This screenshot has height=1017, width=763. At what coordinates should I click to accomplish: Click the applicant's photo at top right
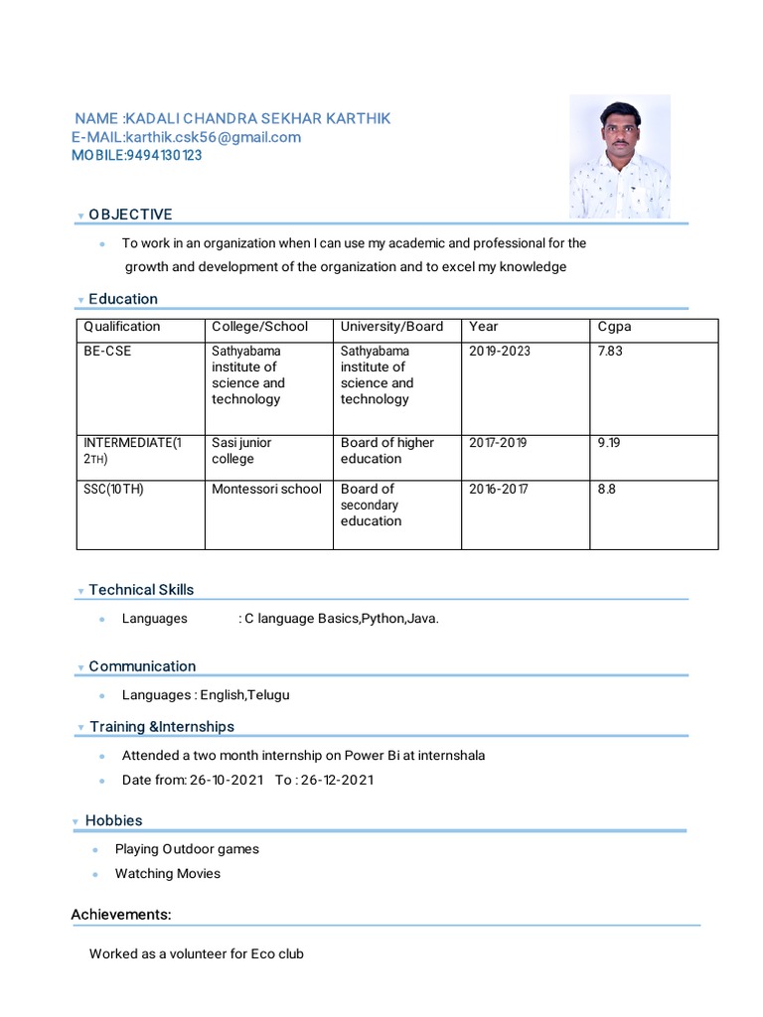tap(619, 156)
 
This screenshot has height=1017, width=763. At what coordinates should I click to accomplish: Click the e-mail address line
tap(186, 137)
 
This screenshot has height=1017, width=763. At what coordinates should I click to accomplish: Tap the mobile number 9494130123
tap(137, 155)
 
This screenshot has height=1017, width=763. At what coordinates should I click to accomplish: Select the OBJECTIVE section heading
tap(130, 215)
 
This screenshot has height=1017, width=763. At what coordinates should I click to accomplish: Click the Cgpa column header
tap(614, 327)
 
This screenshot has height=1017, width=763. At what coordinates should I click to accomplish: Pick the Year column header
tap(484, 327)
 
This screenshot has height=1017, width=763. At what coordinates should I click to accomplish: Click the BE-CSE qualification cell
tap(107, 352)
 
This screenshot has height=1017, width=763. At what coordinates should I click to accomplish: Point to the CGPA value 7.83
tap(610, 352)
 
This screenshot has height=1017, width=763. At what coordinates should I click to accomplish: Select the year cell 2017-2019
tap(498, 443)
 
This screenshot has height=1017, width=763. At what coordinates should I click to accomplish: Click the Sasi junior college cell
tap(241, 451)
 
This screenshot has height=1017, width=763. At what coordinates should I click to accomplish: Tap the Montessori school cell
tap(266, 489)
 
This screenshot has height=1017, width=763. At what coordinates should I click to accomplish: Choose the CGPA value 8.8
tap(606, 489)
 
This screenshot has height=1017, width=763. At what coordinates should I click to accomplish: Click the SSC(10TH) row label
tap(113, 489)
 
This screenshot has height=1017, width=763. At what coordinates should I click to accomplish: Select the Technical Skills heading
tap(141, 590)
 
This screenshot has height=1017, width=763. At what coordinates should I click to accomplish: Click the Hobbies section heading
tap(113, 820)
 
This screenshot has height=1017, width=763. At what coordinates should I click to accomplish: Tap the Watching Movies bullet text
tap(168, 874)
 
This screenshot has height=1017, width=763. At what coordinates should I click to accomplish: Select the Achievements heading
tap(121, 915)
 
